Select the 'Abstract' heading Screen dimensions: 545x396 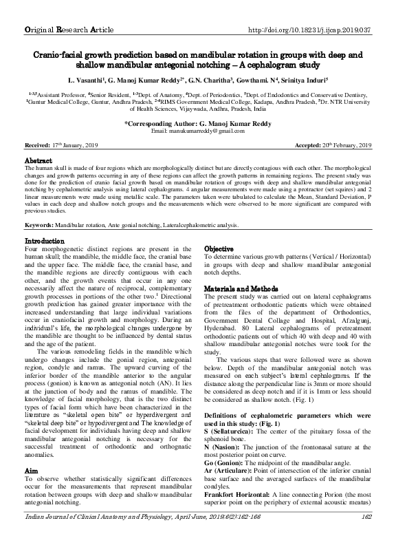point(38,160)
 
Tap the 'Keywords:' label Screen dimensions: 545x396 point(41,225)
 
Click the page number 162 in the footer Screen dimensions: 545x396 point(365,535)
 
